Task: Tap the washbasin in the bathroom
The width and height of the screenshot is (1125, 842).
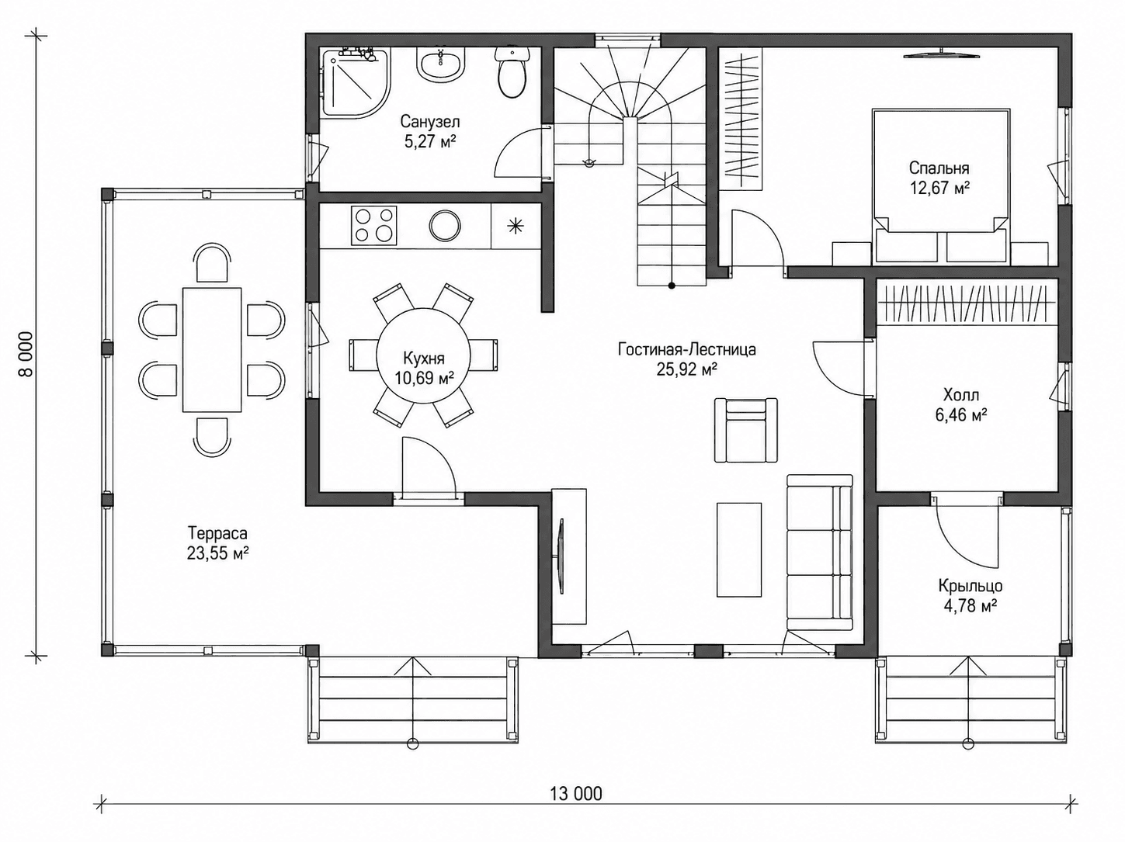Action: coord(440,64)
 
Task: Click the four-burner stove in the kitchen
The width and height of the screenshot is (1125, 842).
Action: coord(373,225)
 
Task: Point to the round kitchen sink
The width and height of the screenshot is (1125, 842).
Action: coord(445,225)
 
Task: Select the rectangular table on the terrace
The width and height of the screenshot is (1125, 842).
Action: coord(212,350)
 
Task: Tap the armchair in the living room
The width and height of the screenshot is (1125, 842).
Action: coord(746,430)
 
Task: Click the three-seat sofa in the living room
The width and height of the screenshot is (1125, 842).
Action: coord(820,552)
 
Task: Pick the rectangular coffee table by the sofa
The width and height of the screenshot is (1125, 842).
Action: coord(739,549)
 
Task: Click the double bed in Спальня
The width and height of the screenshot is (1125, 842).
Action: coord(941,186)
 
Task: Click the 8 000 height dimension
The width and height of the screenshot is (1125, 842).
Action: coord(26,354)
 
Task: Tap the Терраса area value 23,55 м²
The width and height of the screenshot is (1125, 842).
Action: coord(218,553)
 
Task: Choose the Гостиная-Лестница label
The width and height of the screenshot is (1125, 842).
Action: coord(687,350)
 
